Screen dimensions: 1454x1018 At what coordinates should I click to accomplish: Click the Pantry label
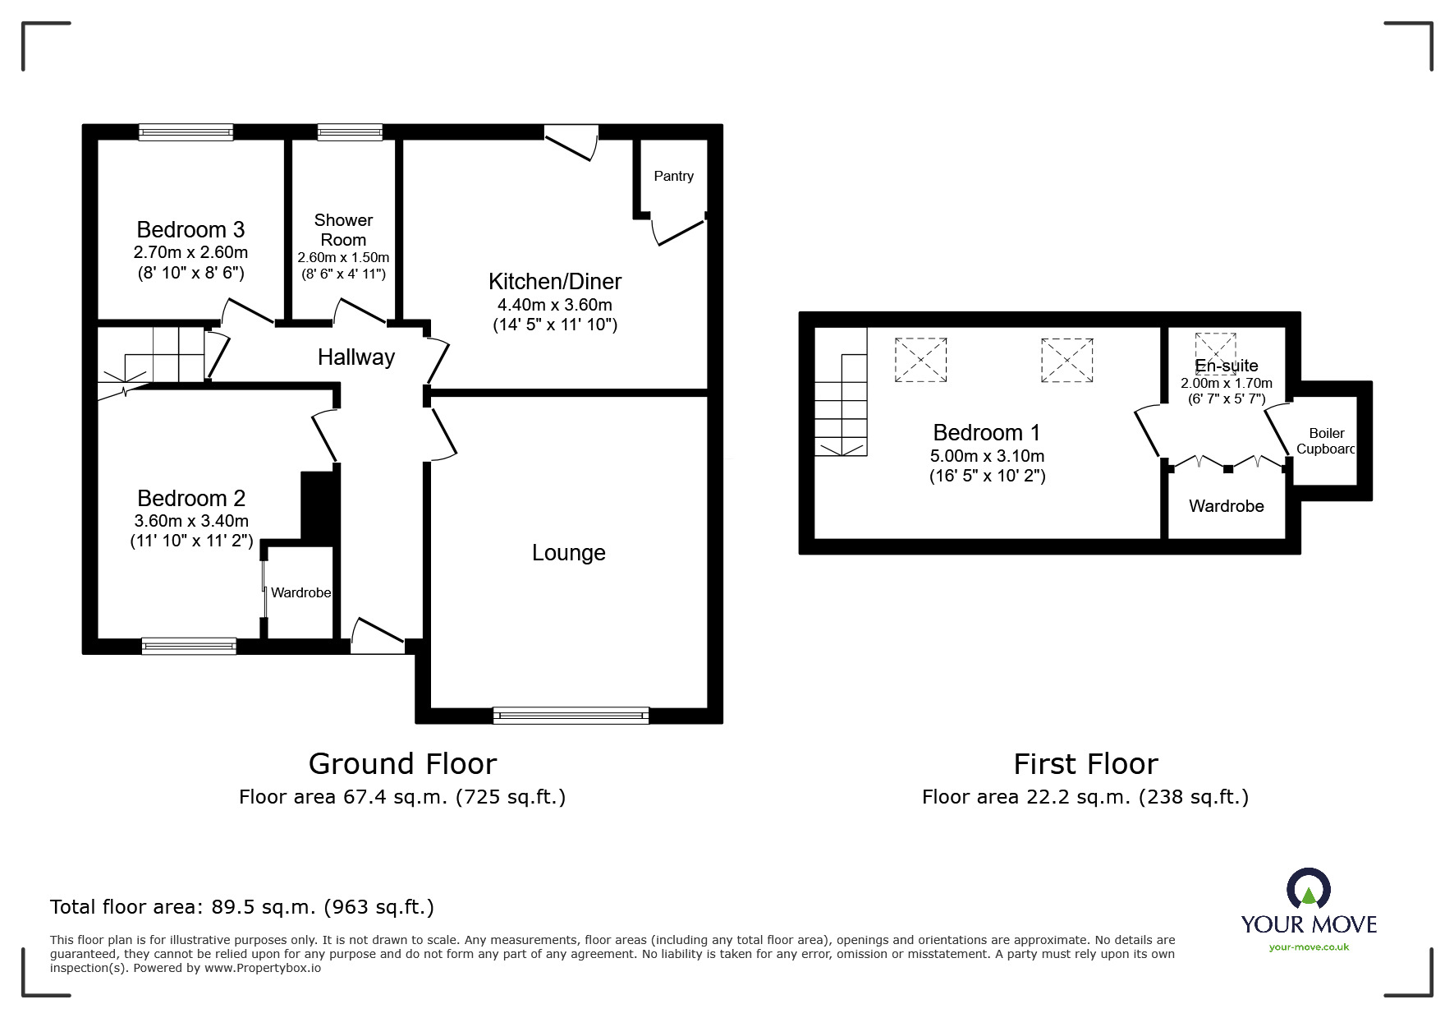[673, 176]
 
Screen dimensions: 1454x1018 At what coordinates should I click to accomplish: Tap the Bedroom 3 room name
[190, 229]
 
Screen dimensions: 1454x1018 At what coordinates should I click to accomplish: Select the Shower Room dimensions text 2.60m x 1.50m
[343, 257]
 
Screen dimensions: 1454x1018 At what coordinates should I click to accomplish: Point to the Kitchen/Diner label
[555, 281]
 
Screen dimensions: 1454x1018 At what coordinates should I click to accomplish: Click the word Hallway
[356, 357]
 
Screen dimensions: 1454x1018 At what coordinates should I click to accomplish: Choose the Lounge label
[568, 552]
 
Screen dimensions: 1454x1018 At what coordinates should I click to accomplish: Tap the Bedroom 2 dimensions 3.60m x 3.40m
[191, 521]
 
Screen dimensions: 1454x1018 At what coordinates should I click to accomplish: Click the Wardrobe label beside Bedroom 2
[301, 592]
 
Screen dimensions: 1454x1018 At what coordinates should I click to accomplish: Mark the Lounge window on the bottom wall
[571, 716]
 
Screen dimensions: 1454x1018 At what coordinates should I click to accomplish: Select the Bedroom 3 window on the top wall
[186, 131]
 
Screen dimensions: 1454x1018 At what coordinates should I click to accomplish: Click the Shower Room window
[350, 131]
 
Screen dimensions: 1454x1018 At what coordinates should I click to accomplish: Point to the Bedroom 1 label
[987, 432]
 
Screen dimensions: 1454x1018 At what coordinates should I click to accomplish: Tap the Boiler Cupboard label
[1326, 441]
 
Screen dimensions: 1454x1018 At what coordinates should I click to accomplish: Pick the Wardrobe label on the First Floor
[1226, 506]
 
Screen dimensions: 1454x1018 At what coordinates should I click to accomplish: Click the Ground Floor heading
[402, 764]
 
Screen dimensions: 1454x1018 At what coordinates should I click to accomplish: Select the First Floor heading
[1085, 764]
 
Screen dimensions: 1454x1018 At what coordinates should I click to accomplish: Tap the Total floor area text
[242, 907]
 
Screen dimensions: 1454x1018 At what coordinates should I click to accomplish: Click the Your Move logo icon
[1309, 887]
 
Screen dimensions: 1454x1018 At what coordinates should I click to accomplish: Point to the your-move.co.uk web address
[1309, 947]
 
